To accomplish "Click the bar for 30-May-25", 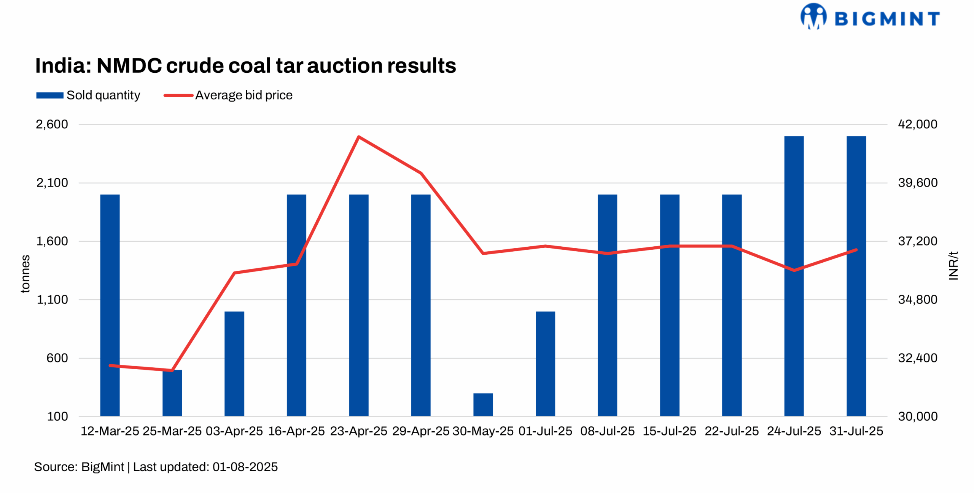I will (x=483, y=404).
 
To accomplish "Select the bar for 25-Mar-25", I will (x=172, y=393).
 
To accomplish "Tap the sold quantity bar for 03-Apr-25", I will (x=234, y=364).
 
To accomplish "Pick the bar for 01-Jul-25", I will (x=545, y=364).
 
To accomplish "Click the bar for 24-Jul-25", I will (x=794, y=276).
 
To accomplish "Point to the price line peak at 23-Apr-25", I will (x=359, y=137).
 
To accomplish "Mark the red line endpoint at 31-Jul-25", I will (x=856, y=250).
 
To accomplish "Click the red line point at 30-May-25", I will (x=483, y=253).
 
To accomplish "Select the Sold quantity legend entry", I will (x=88, y=95).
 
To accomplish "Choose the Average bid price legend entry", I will (x=228, y=95).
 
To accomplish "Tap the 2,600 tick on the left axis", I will (x=52, y=124).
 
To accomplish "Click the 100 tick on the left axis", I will (x=57, y=416).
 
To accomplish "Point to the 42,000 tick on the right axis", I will (x=917, y=124).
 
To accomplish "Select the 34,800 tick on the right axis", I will (x=917, y=300).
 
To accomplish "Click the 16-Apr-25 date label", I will (x=296, y=431).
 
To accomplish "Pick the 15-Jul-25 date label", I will (x=669, y=431).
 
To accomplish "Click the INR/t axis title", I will (x=953, y=266).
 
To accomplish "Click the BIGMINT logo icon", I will (x=813, y=16).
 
